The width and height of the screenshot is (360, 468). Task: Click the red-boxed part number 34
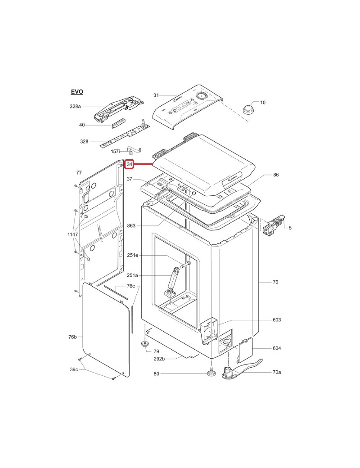click(x=130, y=165)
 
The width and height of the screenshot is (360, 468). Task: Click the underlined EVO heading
click(x=77, y=92)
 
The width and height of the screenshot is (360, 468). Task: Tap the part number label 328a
click(x=75, y=107)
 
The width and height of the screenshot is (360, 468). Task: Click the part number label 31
click(x=156, y=95)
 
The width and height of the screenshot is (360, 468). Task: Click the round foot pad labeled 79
click(x=145, y=344)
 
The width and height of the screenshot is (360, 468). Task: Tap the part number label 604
click(x=277, y=349)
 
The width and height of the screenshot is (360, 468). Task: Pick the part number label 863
click(x=131, y=225)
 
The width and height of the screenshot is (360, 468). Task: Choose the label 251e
click(x=132, y=256)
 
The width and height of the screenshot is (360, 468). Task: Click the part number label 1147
click(x=72, y=235)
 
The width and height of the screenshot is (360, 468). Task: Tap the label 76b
click(x=72, y=337)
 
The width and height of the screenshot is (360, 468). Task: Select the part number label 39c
click(x=74, y=370)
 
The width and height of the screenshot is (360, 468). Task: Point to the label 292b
click(x=159, y=359)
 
